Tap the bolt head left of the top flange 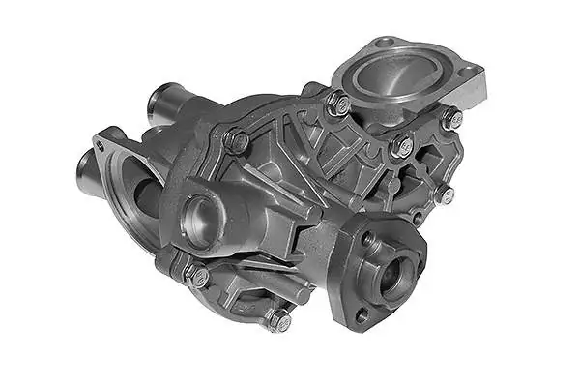click(x=337, y=104)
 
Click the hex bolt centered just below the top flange click(x=401, y=146)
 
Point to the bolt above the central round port click(x=236, y=141)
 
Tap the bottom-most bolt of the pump click(x=278, y=320)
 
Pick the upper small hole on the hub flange click(x=368, y=238)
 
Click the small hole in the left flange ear click(x=99, y=146)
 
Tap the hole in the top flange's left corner click(x=386, y=43)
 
